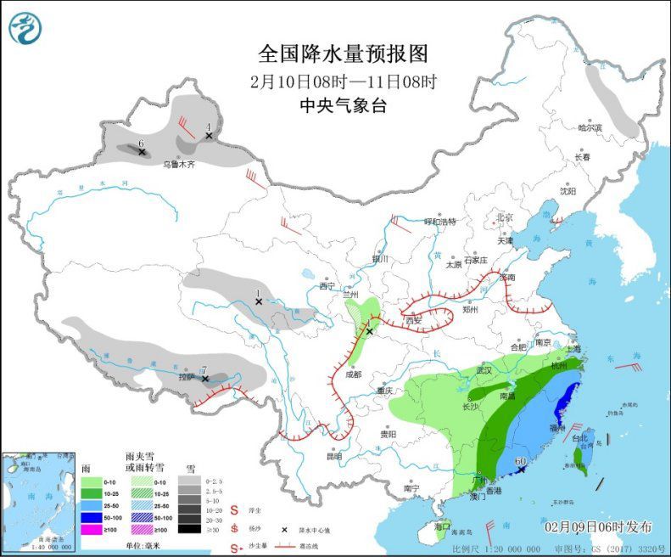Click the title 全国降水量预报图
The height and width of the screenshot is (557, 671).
[344, 53]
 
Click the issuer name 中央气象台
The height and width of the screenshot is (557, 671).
[343, 106]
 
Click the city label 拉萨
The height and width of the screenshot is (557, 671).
[187, 375]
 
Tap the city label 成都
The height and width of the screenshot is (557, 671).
[349, 374]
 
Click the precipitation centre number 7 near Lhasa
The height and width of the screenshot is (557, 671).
[204, 369]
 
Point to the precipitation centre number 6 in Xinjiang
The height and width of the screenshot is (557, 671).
[141, 143]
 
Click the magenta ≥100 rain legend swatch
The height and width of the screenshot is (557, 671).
[87, 529]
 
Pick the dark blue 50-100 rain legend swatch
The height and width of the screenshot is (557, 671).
[87, 516]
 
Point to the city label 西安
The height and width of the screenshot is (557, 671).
[413, 320]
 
